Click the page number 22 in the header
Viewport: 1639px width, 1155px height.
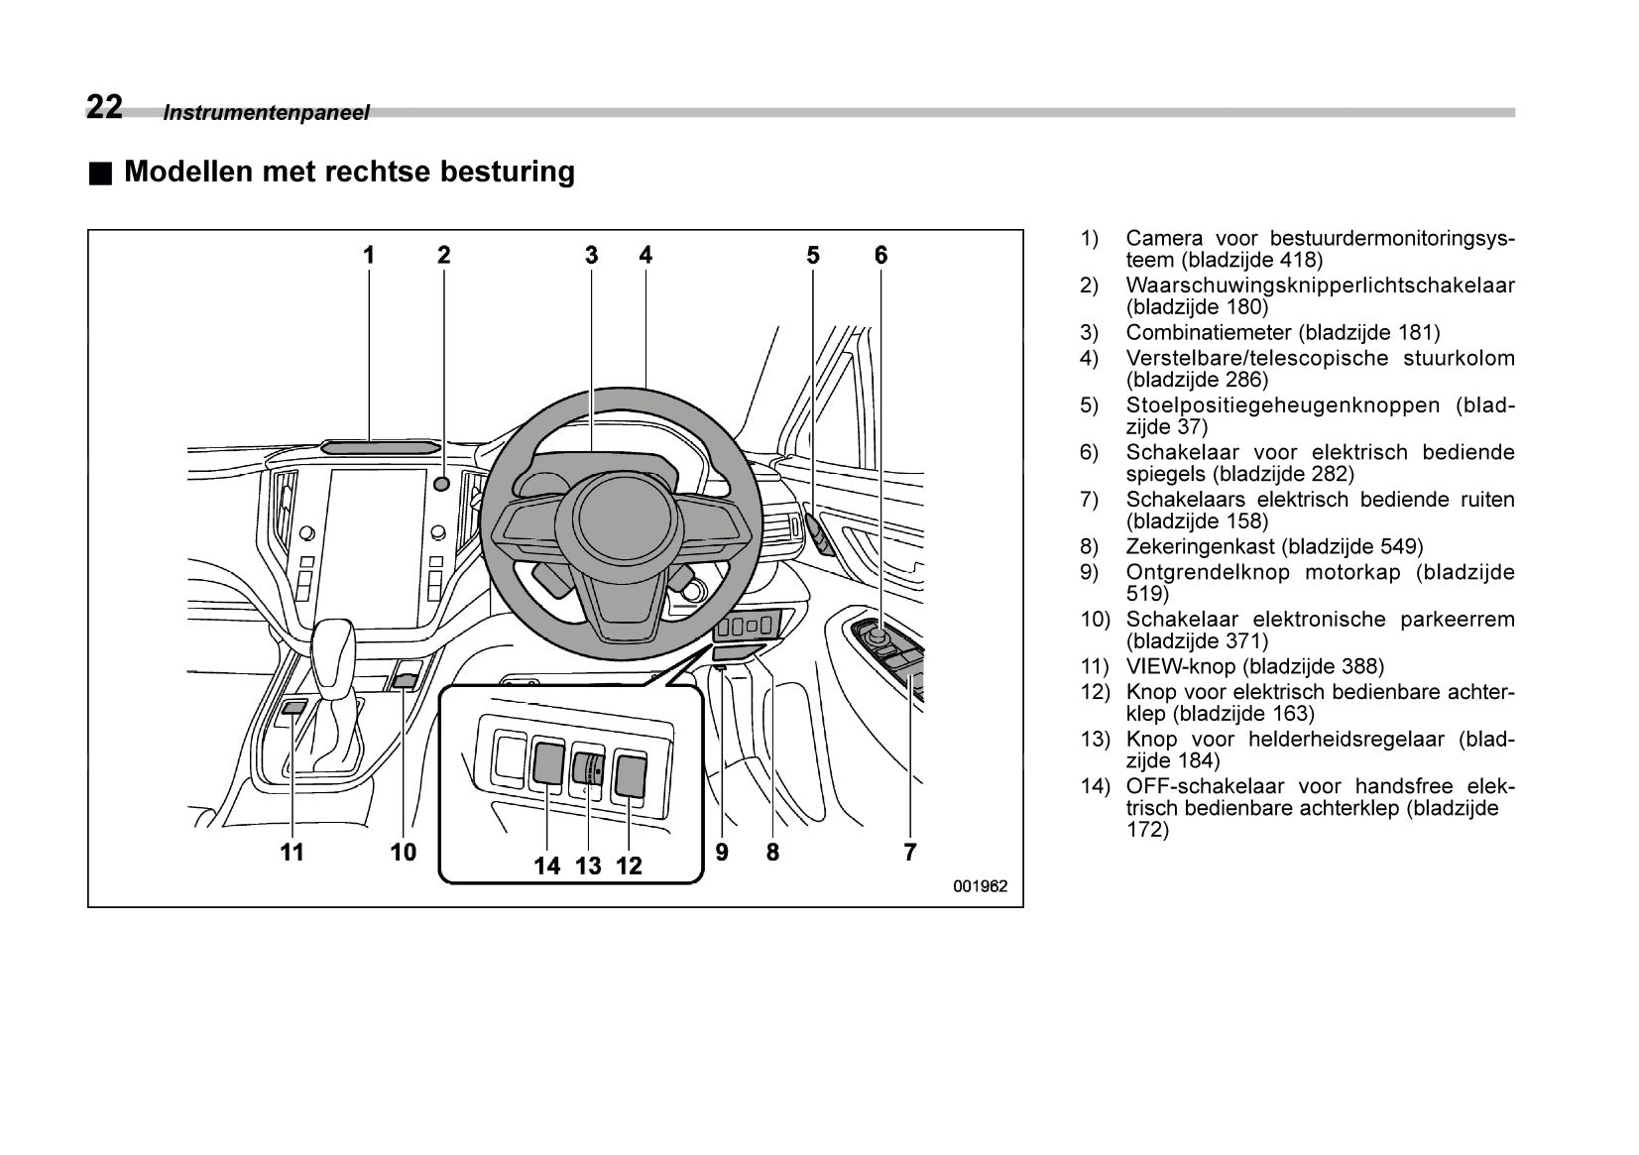[104, 106]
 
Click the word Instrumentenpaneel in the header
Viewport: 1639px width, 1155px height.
[266, 113]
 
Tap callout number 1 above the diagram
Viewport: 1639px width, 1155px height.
[369, 255]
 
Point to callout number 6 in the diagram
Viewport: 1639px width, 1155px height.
[880, 255]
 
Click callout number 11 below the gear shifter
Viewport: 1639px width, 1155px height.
[292, 852]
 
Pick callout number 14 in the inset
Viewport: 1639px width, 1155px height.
[546, 866]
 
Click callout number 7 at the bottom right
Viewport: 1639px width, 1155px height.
[909, 852]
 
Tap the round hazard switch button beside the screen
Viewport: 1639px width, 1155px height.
[443, 484]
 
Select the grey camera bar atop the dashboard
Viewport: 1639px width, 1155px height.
[380, 447]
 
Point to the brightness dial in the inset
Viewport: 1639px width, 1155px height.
[588, 768]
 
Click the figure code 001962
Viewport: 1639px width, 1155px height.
[980, 886]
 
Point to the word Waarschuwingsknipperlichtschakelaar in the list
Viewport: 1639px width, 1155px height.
[1320, 286]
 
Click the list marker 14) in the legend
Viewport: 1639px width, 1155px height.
[1094, 787]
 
